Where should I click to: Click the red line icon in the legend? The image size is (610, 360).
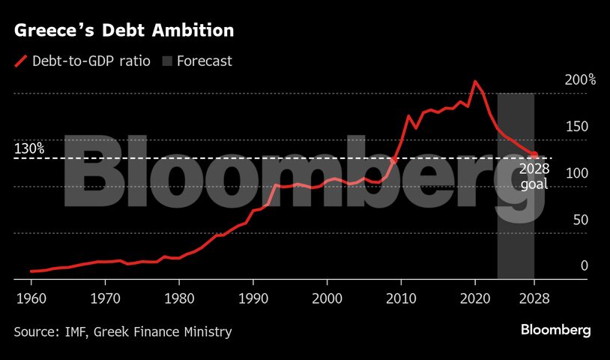tap(21, 61)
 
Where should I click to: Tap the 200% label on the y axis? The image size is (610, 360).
tap(580, 79)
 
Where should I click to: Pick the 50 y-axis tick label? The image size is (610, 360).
tap(580, 220)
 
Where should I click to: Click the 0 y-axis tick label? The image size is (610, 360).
tap(584, 266)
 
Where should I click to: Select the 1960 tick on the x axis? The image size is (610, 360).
tap(30, 298)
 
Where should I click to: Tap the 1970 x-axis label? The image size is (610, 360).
tap(105, 298)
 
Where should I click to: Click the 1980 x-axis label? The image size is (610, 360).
tap(178, 298)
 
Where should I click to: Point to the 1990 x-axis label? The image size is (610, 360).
tap(253, 298)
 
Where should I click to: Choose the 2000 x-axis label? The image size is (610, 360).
tap(327, 298)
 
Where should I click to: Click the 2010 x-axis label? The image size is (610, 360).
tap(401, 298)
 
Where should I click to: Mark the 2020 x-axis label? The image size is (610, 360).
tap(475, 298)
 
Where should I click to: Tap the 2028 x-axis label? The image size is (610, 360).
tap(534, 298)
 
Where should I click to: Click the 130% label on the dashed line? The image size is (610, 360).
tap(29, 148)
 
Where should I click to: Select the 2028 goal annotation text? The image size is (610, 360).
tap(535, 176)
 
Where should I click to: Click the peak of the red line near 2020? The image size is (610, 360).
tap(474, 81)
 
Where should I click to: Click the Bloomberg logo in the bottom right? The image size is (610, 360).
tap(555, 331)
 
